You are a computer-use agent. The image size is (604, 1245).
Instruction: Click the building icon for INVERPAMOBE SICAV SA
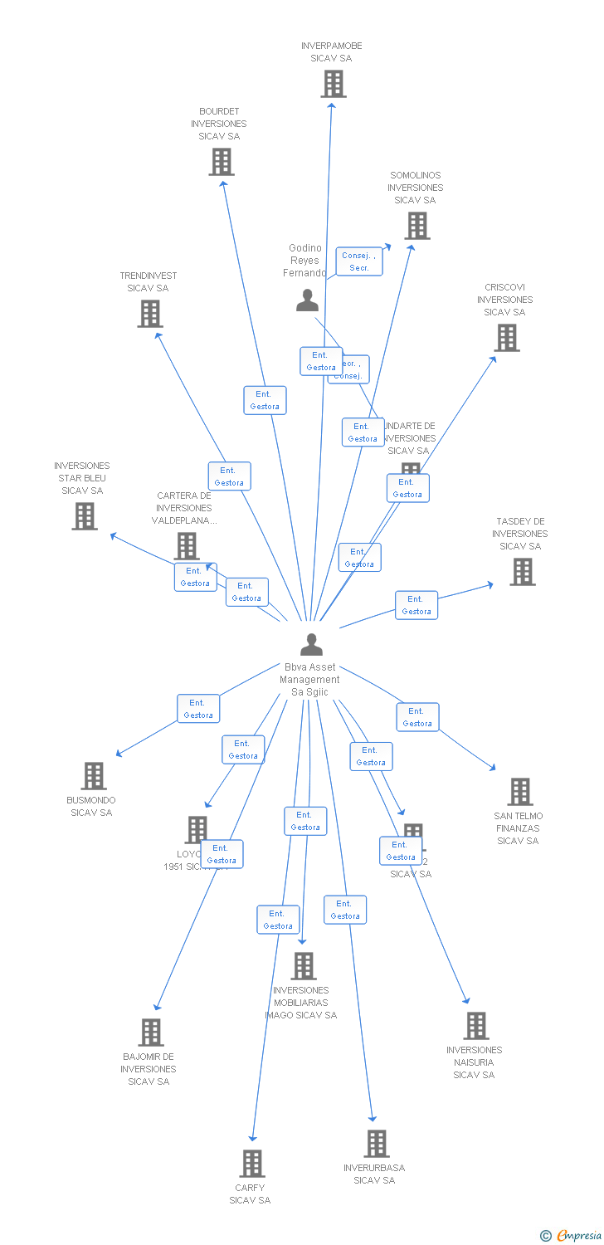click(x=333, y=84)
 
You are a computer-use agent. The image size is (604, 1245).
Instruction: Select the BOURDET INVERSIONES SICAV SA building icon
click(x=221, y=162)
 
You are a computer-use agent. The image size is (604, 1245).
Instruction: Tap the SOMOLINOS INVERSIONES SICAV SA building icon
click(x=416, y=225)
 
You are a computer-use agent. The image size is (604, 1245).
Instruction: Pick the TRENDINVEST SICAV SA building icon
click(x=149, y=314)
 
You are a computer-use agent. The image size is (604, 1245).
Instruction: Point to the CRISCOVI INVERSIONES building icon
click(x=507, y=338)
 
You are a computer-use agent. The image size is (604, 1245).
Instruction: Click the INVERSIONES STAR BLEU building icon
click(x=84, y=516)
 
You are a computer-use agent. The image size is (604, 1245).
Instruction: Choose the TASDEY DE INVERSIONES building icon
click(x=522, y=572)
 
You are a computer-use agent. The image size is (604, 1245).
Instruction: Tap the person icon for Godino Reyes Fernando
click(x=307, y=300)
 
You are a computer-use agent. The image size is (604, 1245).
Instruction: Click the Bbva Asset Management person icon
click(x=311, y=645)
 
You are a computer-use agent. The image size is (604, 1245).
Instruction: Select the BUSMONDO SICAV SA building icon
click(x=94, y=776)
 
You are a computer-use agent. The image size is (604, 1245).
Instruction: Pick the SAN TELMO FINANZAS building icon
click(x=519, y=792)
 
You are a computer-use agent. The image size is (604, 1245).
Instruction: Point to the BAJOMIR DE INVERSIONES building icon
click(x=150, y=1033)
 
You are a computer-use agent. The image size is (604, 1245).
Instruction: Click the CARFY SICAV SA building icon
click(x=252, y=1164)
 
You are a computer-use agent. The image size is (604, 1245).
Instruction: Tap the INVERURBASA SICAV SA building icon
click(x=376, y=1144)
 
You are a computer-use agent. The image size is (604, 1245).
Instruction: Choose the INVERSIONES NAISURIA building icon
click(x=475, y=1026)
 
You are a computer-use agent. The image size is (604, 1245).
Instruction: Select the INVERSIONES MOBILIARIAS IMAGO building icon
click(x=304, y=966)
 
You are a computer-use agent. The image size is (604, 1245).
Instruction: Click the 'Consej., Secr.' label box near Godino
click(x=359, y=261)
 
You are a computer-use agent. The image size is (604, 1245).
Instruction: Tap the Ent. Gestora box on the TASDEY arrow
click(x=416, y=605)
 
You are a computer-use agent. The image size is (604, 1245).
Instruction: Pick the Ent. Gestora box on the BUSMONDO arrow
click(x=198, y=709)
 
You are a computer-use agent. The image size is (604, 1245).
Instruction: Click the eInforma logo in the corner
click(x=572, y=1236)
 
